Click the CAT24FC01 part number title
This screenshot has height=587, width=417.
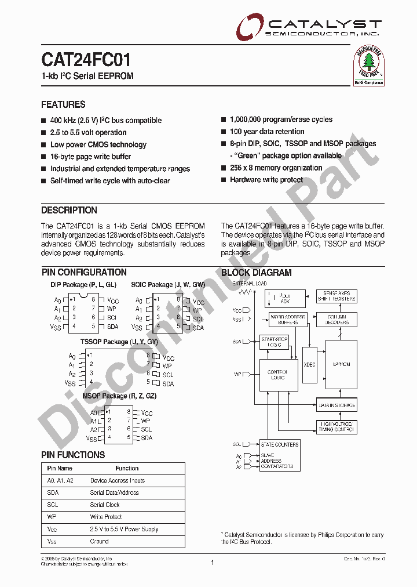click(x=86, y=60)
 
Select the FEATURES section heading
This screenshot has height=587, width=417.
click(x=63, y=105)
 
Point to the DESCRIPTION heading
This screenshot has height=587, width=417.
click(x=69, y=211)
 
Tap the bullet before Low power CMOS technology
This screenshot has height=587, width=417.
click(x=43, y=145)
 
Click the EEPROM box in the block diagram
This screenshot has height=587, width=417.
click(x=341, y=364)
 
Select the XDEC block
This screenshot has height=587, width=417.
click(x=310, y=364)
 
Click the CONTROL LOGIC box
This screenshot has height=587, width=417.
click(x=278, y=374)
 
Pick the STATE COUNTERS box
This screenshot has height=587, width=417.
click(x=279, y=444)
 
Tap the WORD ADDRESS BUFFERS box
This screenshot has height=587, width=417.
click(x=287, y=319)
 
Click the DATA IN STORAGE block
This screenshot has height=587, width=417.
click(x=336, y=405)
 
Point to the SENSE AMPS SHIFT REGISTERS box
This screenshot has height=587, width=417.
click(x=336, y=296)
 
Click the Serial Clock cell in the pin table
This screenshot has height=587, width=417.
click(x=105, y=505)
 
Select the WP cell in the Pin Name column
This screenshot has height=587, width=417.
click(x=53, y=517)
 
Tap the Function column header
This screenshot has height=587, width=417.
click(x=127, y=468)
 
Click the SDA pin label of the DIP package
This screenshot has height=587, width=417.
click(x=112, y=327)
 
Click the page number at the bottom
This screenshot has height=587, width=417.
click(x=213, y=563)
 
